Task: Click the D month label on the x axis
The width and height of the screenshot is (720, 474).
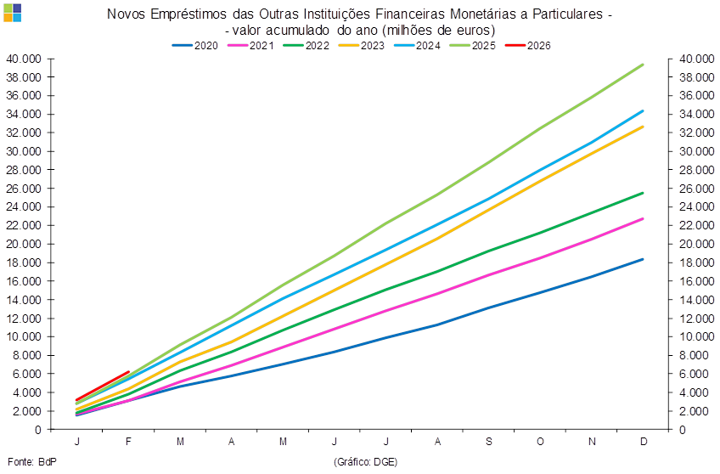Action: (644, 442)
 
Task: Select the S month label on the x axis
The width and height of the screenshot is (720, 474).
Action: (490, 442)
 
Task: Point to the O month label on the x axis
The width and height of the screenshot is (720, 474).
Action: (541, 442)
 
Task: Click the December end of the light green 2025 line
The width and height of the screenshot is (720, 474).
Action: (644, 64)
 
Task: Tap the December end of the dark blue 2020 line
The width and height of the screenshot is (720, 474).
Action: (644, 259)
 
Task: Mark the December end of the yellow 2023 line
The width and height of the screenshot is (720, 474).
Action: (644, 126)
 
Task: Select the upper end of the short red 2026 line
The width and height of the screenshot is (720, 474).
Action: (128, 372)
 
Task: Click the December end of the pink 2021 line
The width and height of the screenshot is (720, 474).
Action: (644, 218)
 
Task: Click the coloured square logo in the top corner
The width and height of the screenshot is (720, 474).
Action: (12, 12)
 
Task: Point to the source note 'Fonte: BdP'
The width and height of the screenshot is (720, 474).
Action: (25, 461)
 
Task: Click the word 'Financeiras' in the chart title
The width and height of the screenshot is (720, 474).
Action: (408, 14)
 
